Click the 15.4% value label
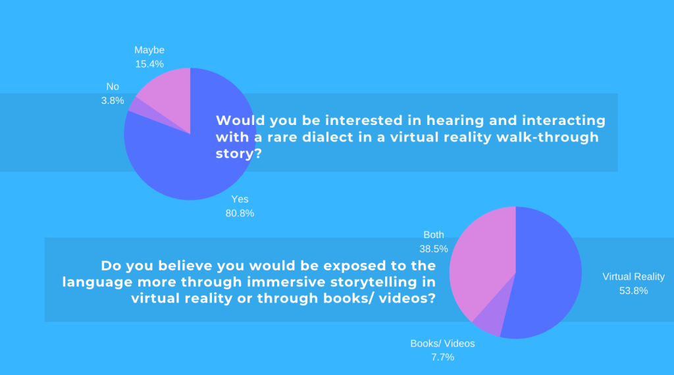149,64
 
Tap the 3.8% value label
113,101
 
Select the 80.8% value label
240,213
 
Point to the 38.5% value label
434,249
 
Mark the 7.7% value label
443,357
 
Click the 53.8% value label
634,291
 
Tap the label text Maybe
149,50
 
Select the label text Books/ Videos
443,343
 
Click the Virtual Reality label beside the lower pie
634,276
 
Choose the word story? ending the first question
238,154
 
